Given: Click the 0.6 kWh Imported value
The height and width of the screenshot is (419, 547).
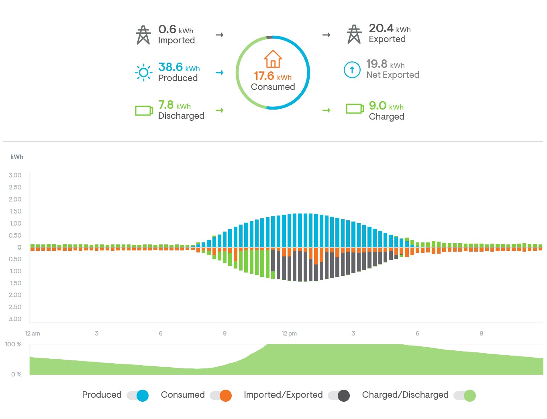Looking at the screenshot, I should tap(176, 30).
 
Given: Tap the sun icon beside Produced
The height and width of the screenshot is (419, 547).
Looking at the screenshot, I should tap(143, 73).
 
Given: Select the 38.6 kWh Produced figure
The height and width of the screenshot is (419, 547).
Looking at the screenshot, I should tap(179, 67).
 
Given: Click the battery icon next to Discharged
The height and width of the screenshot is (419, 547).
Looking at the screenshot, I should tap(144, 110).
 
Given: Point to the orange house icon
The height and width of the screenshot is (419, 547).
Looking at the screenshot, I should tap(273, 59).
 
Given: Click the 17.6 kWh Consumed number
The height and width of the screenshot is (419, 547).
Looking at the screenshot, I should tap(272, 76).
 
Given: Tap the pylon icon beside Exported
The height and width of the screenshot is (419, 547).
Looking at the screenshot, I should tap(354, 34).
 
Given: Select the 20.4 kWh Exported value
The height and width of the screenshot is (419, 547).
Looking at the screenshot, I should tap(389, 28).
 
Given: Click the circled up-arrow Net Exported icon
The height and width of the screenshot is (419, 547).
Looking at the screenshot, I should tap(352, 70).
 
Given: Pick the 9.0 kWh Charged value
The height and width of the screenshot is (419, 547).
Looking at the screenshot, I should tap(386, 106).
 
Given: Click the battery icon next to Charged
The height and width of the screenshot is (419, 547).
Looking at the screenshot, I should tap(355, 109).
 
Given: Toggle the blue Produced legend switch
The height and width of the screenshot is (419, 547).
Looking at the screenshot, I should tap(138, 395).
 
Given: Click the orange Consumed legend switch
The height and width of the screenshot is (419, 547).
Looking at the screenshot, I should tap(221, 395).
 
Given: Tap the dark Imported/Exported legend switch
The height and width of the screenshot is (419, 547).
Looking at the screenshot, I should tap(339, 395).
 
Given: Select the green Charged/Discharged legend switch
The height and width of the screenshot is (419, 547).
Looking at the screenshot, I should tap(465, 395).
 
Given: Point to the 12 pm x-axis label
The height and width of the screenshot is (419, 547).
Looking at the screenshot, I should tap(289, 334).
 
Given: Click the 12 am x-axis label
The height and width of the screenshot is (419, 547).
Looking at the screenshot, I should tap(33, 334).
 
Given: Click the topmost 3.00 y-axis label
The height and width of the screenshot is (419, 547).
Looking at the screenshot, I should tap(15, 175).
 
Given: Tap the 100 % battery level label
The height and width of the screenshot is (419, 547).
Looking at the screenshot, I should tap(13, 344).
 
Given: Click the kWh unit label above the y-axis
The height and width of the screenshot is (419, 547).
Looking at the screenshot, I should tap(17, 157).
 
